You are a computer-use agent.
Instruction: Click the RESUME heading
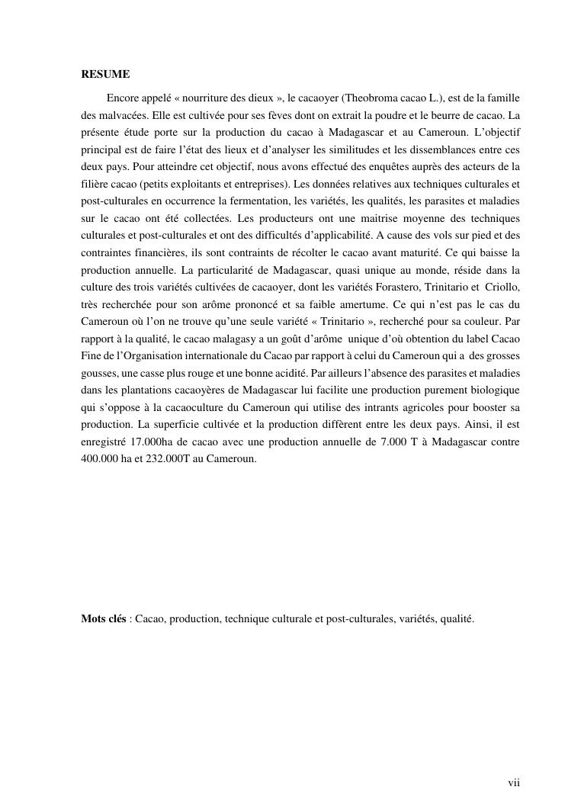(105, 75)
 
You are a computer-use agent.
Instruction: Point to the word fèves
(264, 117)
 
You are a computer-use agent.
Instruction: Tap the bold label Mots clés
(104, 619)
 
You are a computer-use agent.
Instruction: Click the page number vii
(514, 783)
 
